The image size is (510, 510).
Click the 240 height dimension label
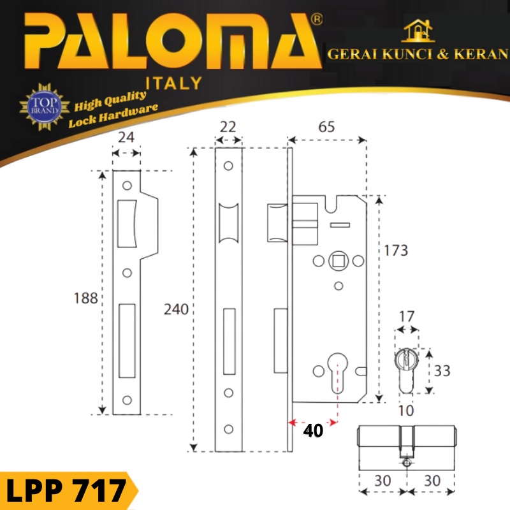(176, 309)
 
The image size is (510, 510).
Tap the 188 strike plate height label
(85, 298)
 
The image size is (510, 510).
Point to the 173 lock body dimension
(396, 251)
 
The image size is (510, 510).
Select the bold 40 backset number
(313, 430)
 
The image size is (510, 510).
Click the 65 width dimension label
(326, 127)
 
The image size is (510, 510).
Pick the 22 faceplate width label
(228, 127)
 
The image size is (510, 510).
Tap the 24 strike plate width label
(126, 137)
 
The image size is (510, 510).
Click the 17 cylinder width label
(407, 316)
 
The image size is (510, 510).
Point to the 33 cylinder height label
(442, 370)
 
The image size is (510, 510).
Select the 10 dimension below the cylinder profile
(406, 411)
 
